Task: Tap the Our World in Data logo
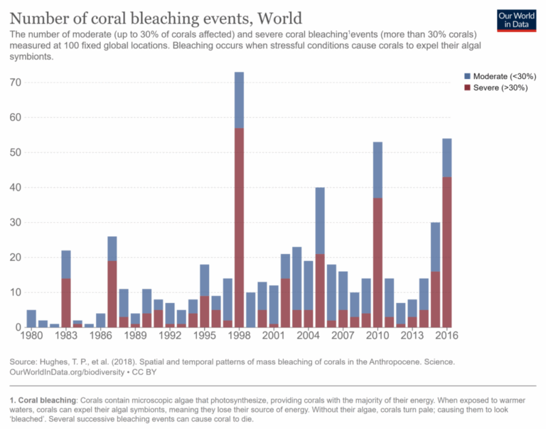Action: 516,20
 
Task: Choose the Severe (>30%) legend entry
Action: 497,88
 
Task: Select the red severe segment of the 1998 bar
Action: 239,228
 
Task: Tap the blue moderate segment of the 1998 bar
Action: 239,100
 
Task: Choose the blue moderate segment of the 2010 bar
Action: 378,170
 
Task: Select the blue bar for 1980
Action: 31,319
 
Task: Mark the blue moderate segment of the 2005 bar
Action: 320,221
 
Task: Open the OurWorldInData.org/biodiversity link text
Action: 73,373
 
